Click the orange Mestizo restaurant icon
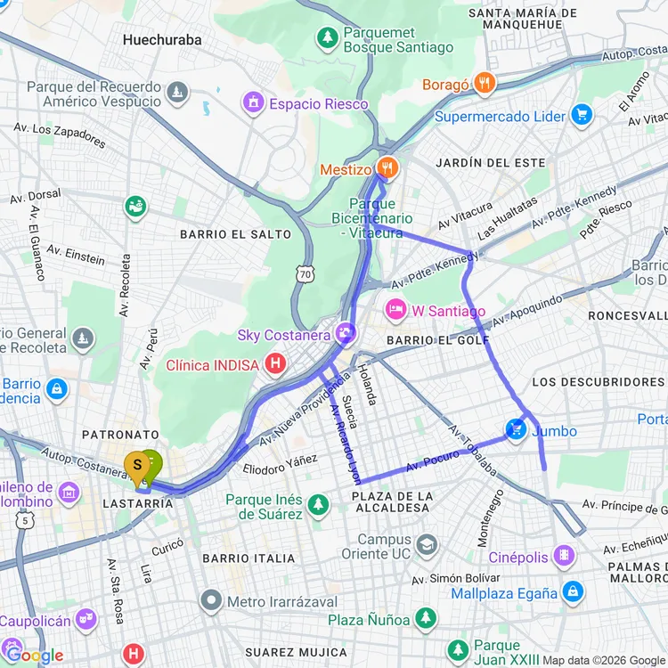coord(387,167)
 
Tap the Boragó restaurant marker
coord(485,84)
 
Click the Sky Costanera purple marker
coord(346,335)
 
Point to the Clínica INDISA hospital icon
coord(276,364)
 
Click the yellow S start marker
coord(137,466)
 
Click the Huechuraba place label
coord(162,40)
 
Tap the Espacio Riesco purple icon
coord(253,104)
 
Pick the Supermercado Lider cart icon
coord(582,116)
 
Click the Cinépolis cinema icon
coord(564,558)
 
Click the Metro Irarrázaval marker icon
coord(211,601)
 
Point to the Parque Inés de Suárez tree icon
coord(318,505)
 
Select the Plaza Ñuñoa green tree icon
coord(426,618)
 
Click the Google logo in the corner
coord(34,656)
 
